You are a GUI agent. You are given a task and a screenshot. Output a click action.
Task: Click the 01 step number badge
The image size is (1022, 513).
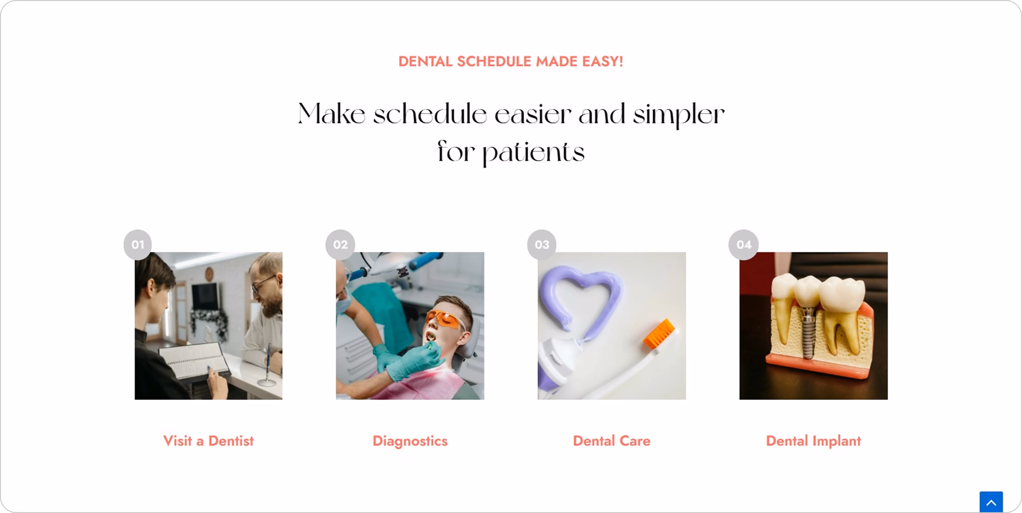coord(138,245)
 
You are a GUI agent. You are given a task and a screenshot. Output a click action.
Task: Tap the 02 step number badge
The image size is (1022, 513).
coord(340,245)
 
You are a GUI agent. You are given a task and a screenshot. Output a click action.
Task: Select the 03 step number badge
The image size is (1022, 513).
coord(542,245)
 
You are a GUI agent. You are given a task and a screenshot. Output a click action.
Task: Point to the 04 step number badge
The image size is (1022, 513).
coord(743,245)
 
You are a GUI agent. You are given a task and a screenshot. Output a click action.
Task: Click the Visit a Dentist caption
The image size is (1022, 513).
coord(208,441)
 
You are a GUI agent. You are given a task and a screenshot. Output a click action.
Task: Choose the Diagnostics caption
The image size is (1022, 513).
coord(410,441)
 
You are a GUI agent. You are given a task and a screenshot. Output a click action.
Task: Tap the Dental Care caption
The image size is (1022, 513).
coord(612,441)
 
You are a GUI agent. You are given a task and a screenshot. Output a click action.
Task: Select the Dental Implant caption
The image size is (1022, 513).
coord(813,441)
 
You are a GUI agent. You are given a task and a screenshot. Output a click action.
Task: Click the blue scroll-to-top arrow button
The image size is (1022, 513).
coord(991,502)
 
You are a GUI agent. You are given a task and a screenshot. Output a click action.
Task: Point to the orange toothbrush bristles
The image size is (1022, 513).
coord(660,333)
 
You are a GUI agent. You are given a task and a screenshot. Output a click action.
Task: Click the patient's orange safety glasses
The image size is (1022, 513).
coord(445,319)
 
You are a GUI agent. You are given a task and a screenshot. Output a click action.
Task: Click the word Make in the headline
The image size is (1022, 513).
coord(331,114)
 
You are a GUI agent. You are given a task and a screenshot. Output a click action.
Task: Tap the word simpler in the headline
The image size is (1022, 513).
coord(679,115)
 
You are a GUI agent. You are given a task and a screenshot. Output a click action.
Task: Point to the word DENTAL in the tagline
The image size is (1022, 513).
coord(425,61)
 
